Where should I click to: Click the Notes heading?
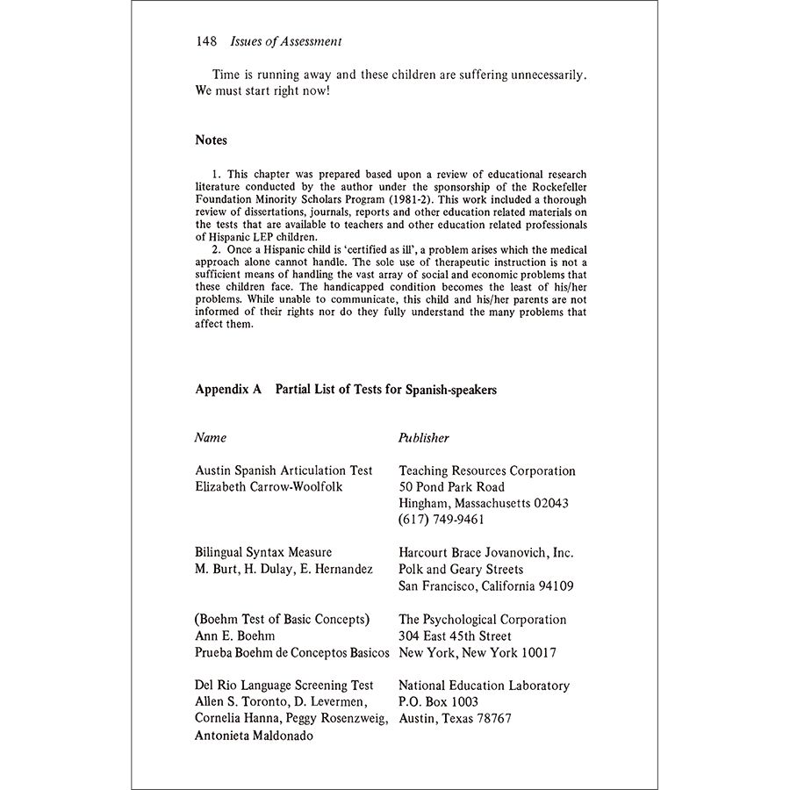click(211, 140)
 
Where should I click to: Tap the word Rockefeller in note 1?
click(550, 186)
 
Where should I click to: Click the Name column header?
click(211, 437)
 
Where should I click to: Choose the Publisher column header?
click(424, 437)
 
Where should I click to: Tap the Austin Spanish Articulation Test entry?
click(284, 471)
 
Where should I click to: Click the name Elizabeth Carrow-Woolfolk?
click(269, 487)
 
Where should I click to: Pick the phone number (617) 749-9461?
click(442, 519)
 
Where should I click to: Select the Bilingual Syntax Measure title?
click(263, 552)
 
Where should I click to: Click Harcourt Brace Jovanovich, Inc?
click(485, 552)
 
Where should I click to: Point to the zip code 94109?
click(555, 585)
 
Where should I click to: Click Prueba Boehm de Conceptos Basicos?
click(291, 652)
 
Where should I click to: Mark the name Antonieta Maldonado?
click(254, 736)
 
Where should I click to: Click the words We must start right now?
click(262, 91)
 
